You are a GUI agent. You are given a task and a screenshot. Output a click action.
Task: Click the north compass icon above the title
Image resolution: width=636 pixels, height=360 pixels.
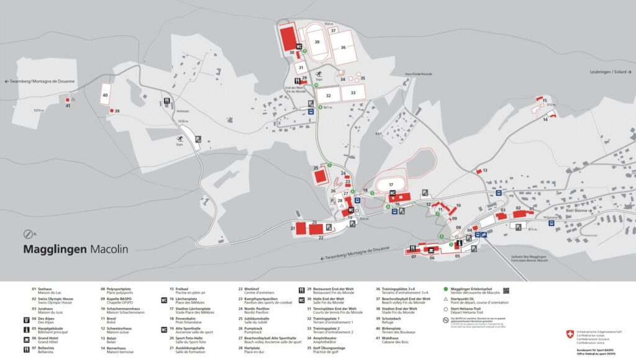click(x=28, y=234)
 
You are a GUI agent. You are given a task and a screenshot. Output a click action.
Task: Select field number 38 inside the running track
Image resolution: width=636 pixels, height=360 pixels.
click(x=317, y=42)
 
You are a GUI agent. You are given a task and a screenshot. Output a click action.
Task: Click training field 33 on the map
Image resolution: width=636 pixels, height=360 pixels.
click(x=353, y=92)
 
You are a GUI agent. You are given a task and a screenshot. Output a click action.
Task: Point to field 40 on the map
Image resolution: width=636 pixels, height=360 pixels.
click(x=105, y=96)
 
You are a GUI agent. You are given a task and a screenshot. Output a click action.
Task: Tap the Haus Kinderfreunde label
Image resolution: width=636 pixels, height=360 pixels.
click(x=418, y=74)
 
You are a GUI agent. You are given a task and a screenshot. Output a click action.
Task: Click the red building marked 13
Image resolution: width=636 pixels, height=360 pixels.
click(x=479, y=171)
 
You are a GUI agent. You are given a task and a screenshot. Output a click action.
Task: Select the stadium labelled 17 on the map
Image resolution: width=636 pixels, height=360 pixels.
click(x=391, y=184)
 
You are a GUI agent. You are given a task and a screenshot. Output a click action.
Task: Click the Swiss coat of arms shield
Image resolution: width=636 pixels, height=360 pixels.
click(x=570, y=334)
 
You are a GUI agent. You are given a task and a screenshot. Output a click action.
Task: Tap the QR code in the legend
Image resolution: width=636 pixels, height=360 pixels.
click(x=506, y=289)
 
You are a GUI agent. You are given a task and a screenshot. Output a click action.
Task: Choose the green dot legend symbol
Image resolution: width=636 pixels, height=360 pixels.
click(x=446, y=289)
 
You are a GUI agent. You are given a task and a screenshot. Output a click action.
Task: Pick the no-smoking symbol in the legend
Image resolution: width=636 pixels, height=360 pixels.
click(x=446, y=321)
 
